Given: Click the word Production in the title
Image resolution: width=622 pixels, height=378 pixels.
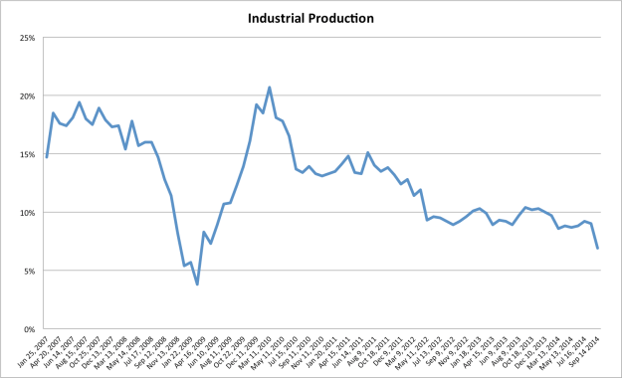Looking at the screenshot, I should click(346, 18).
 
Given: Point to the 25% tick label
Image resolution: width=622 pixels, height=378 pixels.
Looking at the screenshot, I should click(26, 38).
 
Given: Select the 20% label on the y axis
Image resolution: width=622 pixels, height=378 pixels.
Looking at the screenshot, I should click(26, 96).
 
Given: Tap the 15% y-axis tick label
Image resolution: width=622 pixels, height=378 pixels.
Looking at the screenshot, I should click(26, 154).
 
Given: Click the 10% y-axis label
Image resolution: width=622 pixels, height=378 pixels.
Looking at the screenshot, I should click(26, 213).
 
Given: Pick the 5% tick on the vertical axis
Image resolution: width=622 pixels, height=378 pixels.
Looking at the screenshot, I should click(28, 271).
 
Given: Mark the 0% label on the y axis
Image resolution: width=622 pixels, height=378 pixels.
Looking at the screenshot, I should click(28, 329).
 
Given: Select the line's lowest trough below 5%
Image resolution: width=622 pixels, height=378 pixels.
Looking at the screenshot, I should click(197, 284).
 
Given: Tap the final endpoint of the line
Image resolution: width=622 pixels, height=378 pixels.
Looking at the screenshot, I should click(597, 248).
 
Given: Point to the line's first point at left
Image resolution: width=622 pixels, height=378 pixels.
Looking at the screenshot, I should click(46, 157).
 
